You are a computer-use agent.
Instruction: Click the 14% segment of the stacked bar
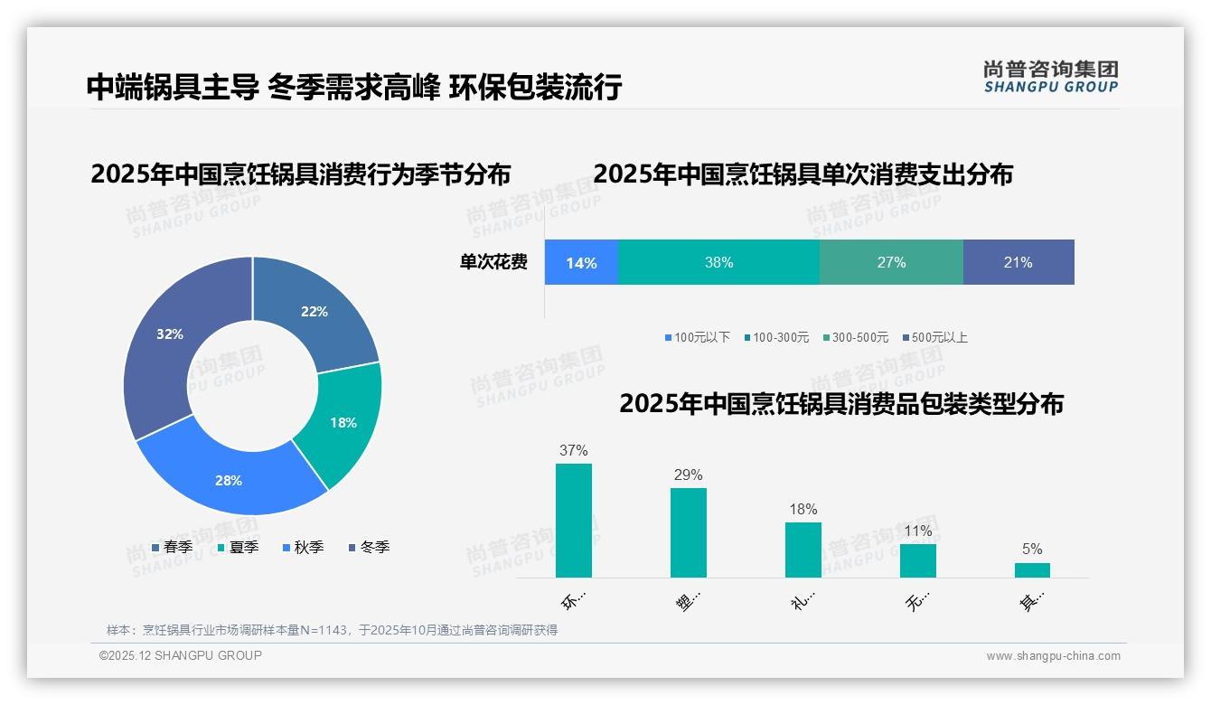click(581, 263)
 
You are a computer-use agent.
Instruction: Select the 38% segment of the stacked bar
click(718, 263)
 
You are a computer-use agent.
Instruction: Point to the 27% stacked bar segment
click(891, 263)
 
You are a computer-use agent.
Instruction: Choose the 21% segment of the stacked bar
click(1019, 263)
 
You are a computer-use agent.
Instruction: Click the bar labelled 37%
click(574, 521)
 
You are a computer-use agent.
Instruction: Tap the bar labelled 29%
click(689, 532)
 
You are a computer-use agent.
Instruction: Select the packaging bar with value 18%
click(803, 550)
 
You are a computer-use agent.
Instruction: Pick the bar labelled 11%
click(918, 560)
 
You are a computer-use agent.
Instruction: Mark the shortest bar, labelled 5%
click(1032, 570)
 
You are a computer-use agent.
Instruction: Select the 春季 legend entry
click(172, 547)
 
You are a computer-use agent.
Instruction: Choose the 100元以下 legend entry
click(698, 338)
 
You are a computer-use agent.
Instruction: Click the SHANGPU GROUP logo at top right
click(1050, 77)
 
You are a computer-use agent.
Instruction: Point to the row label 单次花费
click(493, 263)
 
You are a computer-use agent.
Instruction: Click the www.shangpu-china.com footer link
click(1053, 656)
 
